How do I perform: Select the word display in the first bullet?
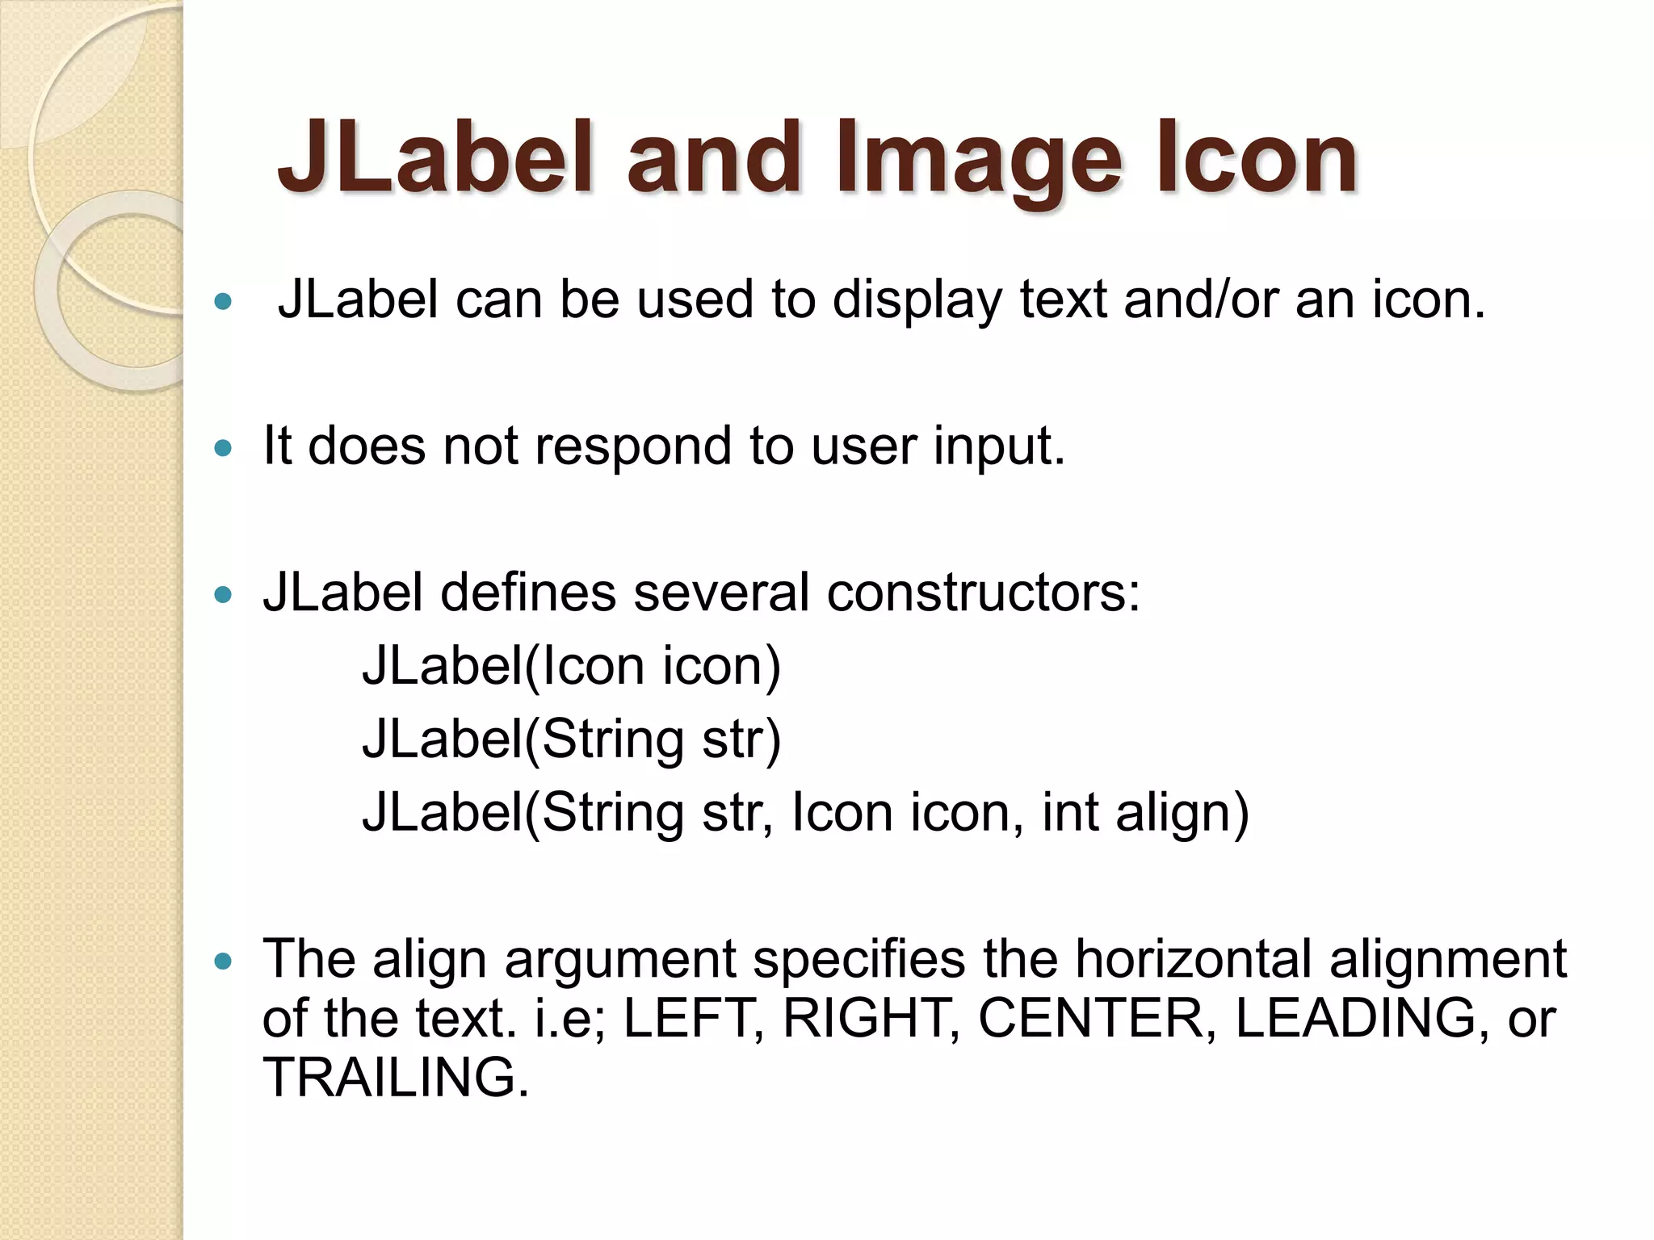click(x=916, y=300)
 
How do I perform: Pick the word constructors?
click(x=983, y=593)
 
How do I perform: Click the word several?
click(x=721, y=593)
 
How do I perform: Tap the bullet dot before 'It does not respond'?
click(x=224, y=449)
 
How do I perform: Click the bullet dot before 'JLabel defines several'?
click(x=224, y=596)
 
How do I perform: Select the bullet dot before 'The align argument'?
click(x=224, y=961)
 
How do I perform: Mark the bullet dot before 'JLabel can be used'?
click(x=224, y=303)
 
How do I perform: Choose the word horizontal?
click(x=1192, y=959)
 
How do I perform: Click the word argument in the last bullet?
click(x=620, y=961)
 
